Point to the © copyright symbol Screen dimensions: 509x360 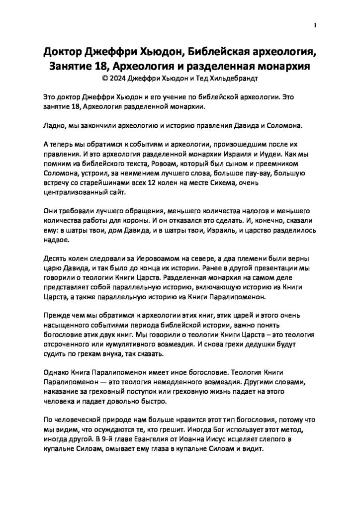(104, 78)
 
